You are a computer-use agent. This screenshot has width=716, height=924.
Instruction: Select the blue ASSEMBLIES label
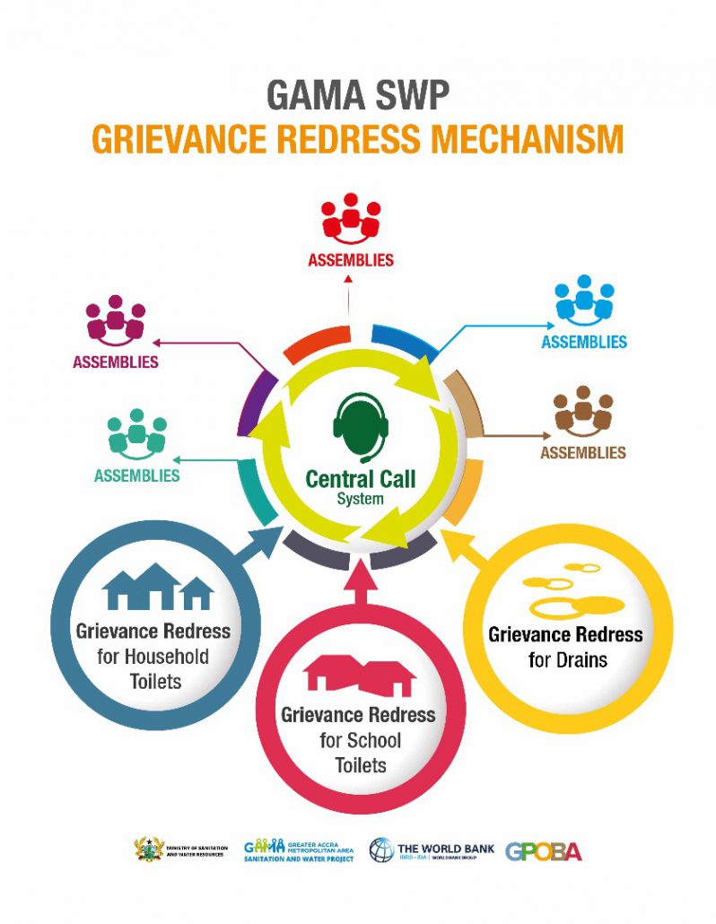click(x=584, y=342)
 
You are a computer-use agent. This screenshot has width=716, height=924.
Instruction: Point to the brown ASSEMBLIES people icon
click(x=583, y=411)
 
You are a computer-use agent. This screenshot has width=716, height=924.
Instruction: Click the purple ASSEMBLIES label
click(x=116, y=362)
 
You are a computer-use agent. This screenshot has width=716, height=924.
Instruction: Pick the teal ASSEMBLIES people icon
click(x=136, y=432)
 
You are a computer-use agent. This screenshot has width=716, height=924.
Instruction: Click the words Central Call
click(x=361, y=479)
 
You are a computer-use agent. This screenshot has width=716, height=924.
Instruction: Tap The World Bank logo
click(x=432, y=850)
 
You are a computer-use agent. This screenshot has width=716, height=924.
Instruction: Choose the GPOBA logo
click(x=544, y=850)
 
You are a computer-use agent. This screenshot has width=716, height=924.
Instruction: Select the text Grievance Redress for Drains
click(x=565, y=647)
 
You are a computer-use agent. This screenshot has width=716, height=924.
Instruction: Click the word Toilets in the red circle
click(x=360, y=765)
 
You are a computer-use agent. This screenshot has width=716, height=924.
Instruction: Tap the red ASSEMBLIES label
click(x=351, y=260)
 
